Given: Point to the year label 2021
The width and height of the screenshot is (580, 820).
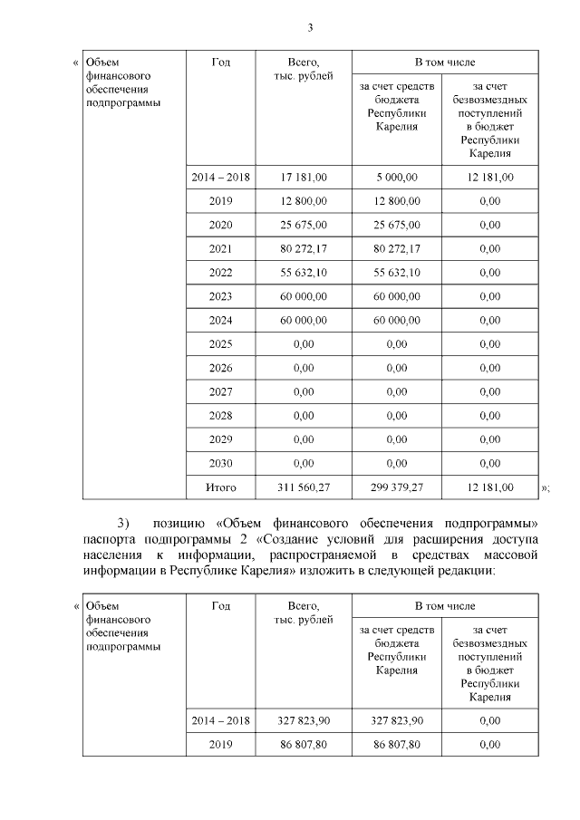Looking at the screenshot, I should (220, 248).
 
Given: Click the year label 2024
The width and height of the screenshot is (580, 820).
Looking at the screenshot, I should (220, 320).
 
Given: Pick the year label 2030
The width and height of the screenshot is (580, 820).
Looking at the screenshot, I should (220, 463).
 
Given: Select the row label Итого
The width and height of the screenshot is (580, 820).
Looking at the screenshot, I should (220, 487).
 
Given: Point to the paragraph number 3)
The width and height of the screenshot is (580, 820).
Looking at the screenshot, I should (124, 525).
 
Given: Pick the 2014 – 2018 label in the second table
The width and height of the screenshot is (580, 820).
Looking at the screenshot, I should (220, 720).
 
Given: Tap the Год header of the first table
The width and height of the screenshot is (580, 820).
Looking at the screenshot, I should (220, 63).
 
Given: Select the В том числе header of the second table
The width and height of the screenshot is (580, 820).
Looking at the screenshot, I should (444, 604).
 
